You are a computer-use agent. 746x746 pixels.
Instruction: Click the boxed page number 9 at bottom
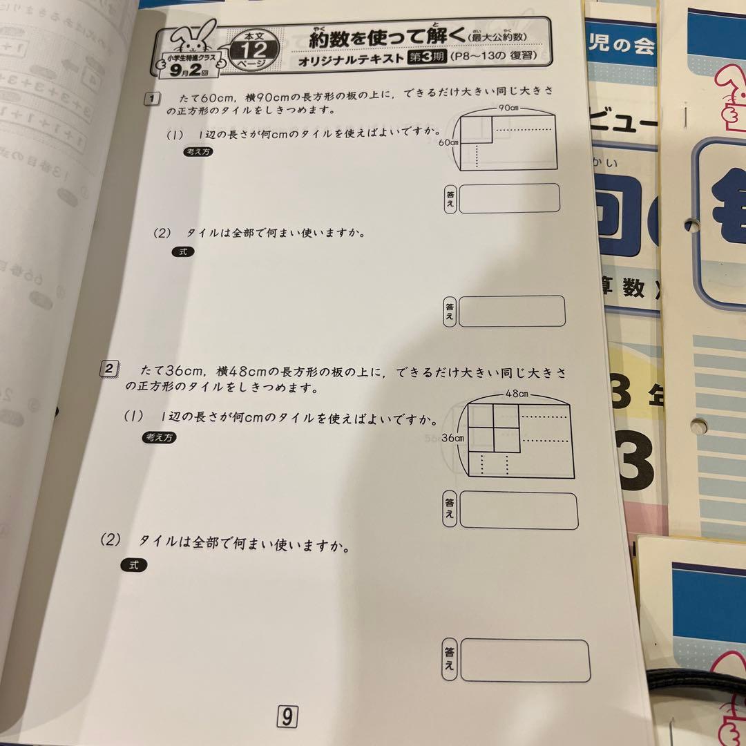pos(287,718)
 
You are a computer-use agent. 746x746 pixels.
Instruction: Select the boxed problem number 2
pos(110,369)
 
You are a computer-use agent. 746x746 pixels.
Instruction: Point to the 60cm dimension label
pos(448,142)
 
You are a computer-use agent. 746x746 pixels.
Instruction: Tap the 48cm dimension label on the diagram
pos(517,394)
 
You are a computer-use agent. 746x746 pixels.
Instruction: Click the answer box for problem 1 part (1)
pos(508,198)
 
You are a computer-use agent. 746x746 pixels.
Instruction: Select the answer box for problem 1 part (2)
pos(512,312)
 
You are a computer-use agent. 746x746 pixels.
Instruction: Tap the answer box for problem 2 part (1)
pos(519,510)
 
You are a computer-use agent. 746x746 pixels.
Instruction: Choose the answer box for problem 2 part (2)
pos(525,660)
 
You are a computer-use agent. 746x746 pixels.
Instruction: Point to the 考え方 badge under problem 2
pos(159,437)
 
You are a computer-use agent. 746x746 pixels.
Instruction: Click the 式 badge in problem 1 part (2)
pos(183,252)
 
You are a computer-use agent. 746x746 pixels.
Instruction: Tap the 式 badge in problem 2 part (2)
pos(134,564)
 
